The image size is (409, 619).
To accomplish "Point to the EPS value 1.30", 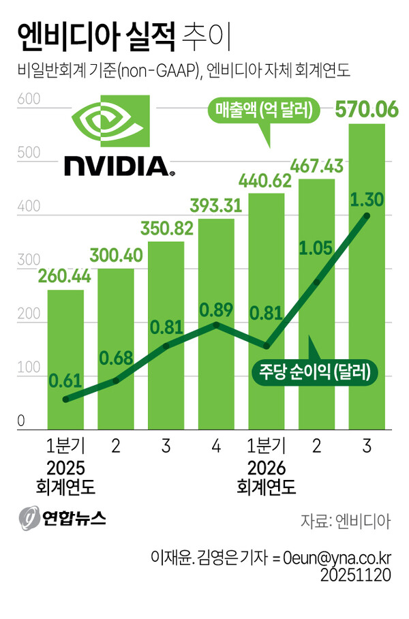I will point(367,199).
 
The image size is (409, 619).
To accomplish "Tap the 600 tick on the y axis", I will point(25,100).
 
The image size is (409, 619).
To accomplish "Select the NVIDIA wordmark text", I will point(116,165).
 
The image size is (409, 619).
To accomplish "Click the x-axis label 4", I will point(216,447).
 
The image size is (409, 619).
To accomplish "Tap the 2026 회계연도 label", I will point(267,477).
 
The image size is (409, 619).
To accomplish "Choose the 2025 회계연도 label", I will point(65,477).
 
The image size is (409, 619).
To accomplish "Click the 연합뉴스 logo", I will point(63,518).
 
